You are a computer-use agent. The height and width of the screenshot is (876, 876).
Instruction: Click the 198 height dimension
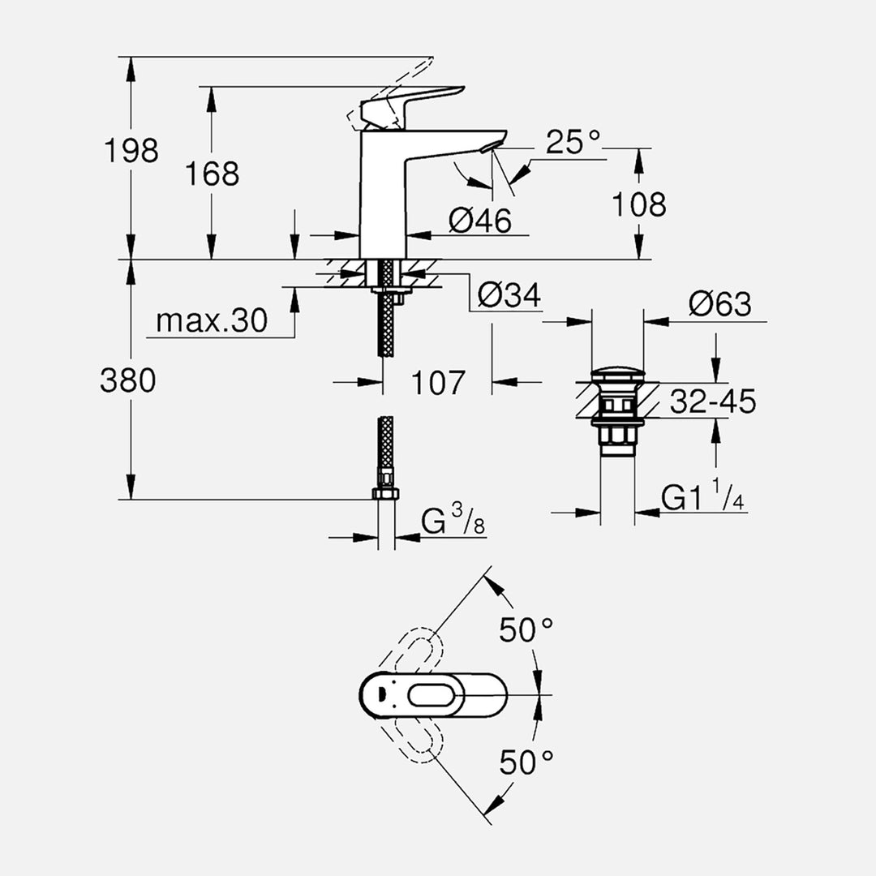pos(131,150)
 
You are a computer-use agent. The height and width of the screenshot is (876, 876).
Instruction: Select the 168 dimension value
pos(213,174)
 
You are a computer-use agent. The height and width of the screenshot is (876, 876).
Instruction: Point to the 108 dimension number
pos(639,204)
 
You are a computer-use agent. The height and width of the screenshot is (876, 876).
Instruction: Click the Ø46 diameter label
pos(480,220)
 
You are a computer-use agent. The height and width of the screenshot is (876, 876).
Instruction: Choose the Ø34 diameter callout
pos(509,296)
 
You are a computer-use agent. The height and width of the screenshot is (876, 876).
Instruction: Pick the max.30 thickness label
pos(211,321)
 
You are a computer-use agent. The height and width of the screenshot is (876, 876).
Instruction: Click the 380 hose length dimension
pos(128,380)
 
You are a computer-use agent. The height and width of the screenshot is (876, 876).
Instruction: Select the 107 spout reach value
pos(438,382)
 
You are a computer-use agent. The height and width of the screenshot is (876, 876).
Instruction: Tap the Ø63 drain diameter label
pos(720,304)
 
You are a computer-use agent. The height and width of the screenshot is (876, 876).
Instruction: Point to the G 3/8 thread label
pos(453,523)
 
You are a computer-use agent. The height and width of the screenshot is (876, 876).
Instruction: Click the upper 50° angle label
pos(526,629)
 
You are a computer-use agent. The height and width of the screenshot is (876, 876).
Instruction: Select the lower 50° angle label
pos(526,762)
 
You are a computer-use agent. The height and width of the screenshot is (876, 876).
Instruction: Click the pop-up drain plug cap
pos(618,375)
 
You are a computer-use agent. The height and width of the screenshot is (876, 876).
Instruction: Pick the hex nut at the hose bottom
pos(386,494)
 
